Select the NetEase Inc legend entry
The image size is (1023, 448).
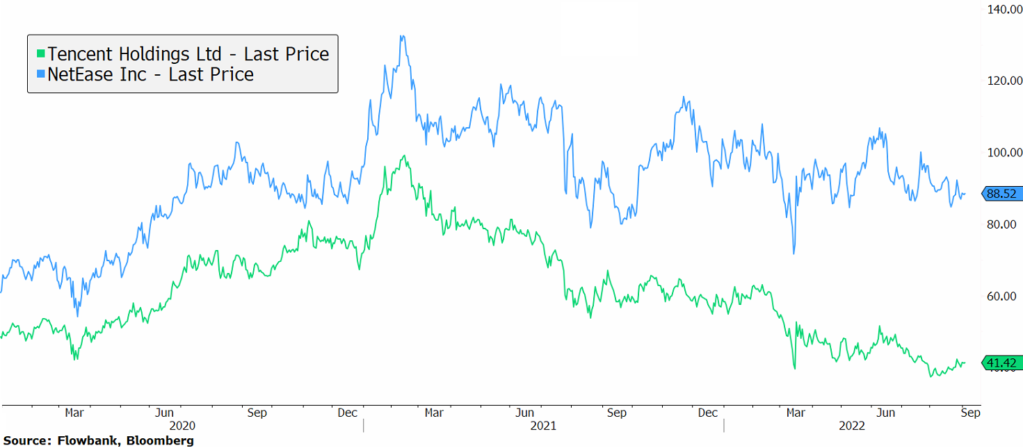(x=150, y=74)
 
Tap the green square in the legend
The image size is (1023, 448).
(x=41, y=53)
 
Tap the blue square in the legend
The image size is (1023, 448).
(x=41, y=74)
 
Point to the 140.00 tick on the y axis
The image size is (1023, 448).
(x=1002, y=10)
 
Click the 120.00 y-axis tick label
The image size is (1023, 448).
(x=1002, y=81)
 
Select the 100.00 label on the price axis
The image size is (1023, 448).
(x=1002, y=152)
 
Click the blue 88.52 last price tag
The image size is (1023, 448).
(x=1001, y=194)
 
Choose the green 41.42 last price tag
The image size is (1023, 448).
(x=1001, y=363)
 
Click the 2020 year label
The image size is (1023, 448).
(x=183, y=426)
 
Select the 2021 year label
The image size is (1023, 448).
(x=543, y=426)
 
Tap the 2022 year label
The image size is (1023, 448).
(x=852, y=426)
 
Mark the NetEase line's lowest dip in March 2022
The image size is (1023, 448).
(x=794, y=253)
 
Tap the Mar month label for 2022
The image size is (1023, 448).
(x=796, y=413)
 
